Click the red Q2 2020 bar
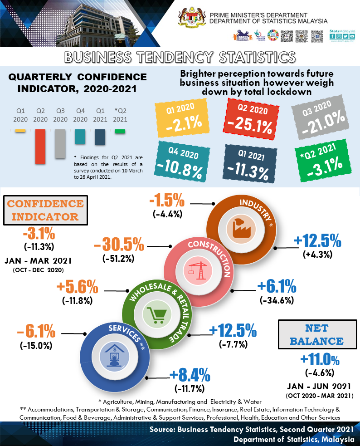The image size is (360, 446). point(40,146)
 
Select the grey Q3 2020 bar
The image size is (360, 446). point(60,143)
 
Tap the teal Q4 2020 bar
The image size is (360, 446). point(80,136)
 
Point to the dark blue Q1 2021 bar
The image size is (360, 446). point(100,137)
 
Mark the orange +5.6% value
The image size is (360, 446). point(77,287)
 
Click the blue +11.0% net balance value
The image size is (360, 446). point(320,360)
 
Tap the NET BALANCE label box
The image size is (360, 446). point(316,334)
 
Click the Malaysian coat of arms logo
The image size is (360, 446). point(193,20)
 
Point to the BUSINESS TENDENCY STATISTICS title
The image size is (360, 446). point(180,57)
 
